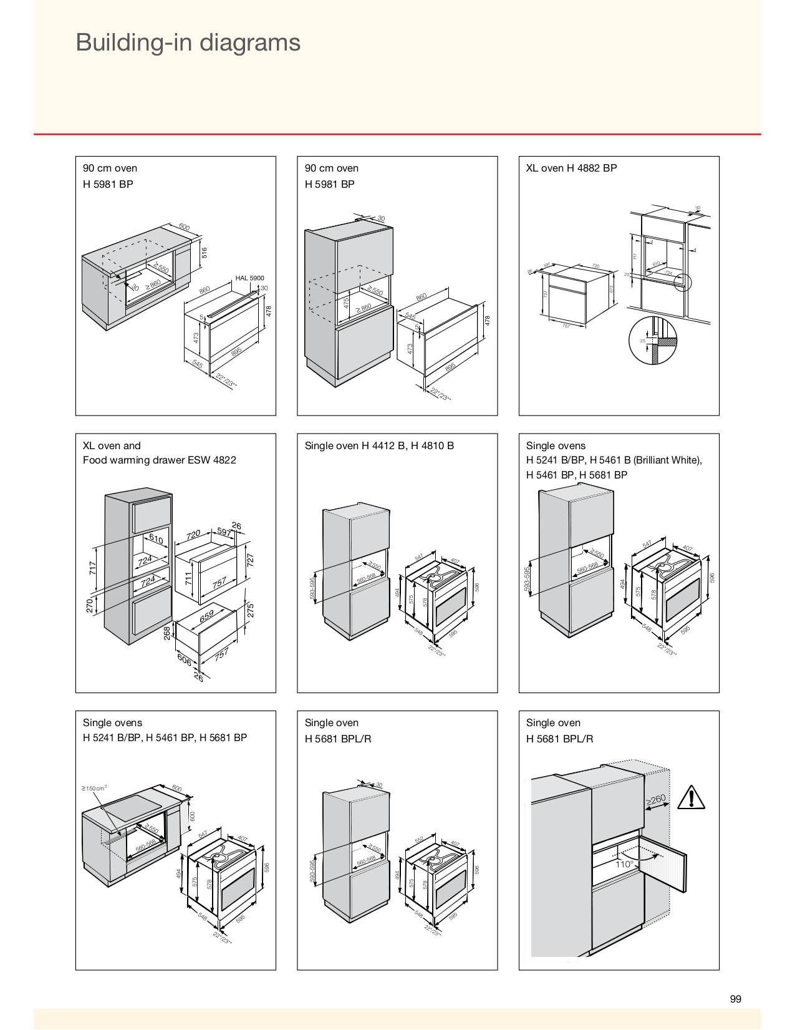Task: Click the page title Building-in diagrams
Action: pyautogui.click(x=188, y=42)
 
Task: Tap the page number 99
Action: pyautogui.click(x=735, y=999)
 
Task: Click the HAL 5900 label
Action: pyautogui.click(x=249, y=278)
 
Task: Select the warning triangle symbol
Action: pyautogui.click(x=690, y=798)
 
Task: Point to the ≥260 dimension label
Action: pyautogui.click(x=656, y=800)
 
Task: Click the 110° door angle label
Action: pyautogui.click(x=625, y=864)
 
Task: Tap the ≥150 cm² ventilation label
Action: pyautogui.click(x=94, y=788)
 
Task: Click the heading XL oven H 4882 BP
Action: pyautogui.click(x=571, y=168)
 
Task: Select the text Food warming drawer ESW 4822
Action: pyautogui.click(x=160, y=460)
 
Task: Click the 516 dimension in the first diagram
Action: pyautogui.click(x=204, y=253)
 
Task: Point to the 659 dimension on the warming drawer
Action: pyautogui.click(x=206, y=616)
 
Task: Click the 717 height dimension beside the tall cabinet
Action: pyautogui.click(x=93, y=568)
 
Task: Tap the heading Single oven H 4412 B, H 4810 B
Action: pyautogui.click(x=379, y=445)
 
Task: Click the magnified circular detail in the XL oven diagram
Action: pyautogui.click(x=652, y=341)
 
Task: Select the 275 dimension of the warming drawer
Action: pyautogui.click(x=251, y=610)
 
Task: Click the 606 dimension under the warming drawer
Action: pyautogui.click(x=185, y=659)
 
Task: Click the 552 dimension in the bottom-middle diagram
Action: pyautogui.click(x=419, y=840)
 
